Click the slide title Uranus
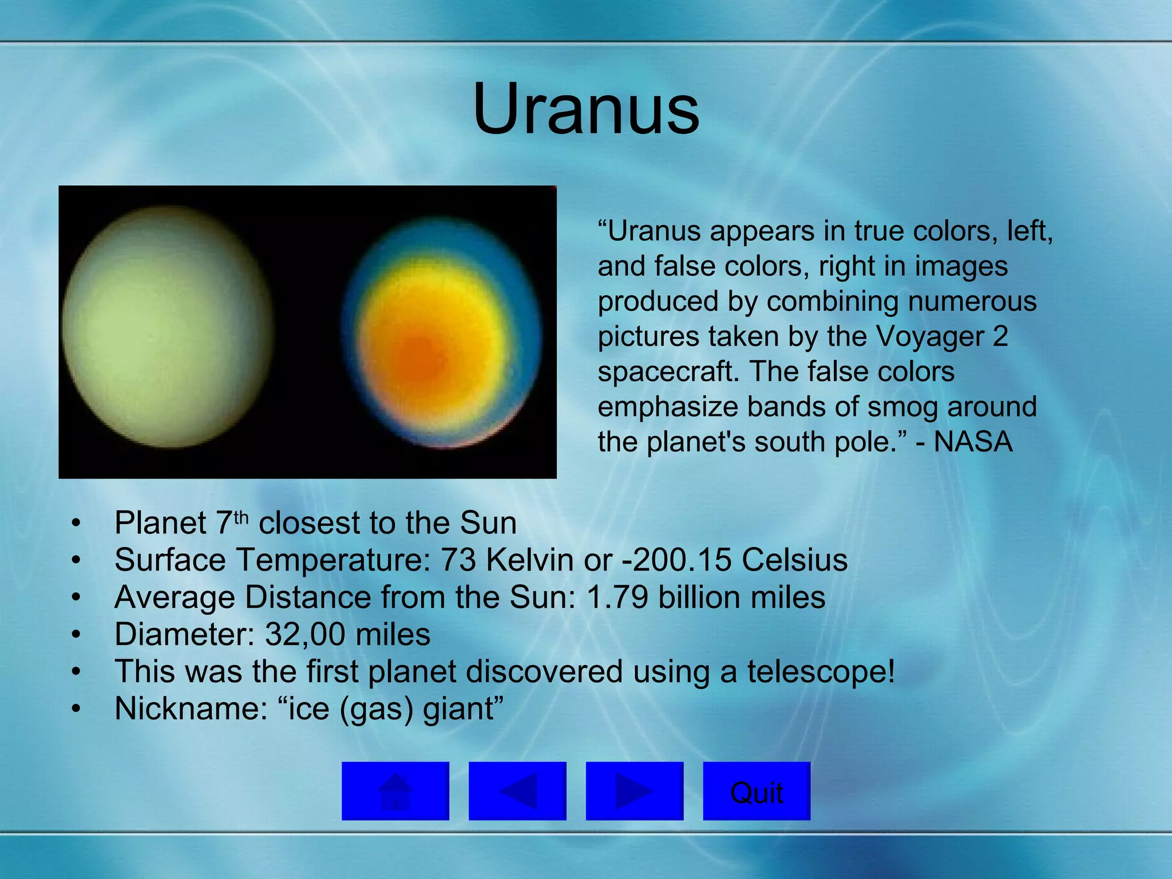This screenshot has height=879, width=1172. (586, 109)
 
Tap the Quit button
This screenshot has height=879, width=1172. (756, 792)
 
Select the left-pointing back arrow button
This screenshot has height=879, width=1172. (517, 791)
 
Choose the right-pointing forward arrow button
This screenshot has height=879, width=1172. (634, 791)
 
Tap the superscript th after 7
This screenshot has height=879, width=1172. (241, 517)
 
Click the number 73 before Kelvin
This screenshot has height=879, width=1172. (458, 560)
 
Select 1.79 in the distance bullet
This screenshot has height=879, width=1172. (617, 597)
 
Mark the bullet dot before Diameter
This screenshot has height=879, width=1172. (76, 635)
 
